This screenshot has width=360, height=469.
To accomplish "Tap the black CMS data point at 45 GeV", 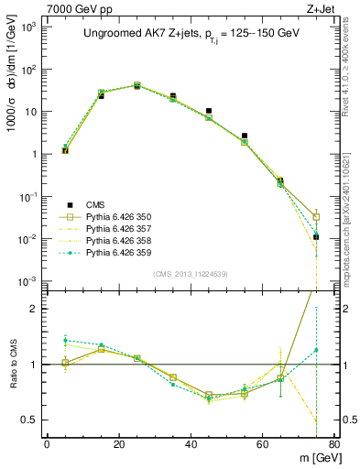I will pyautogui.click(x=209, y=111).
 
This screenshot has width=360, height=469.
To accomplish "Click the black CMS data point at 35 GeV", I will pyautogui.click(x=173, y=96).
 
